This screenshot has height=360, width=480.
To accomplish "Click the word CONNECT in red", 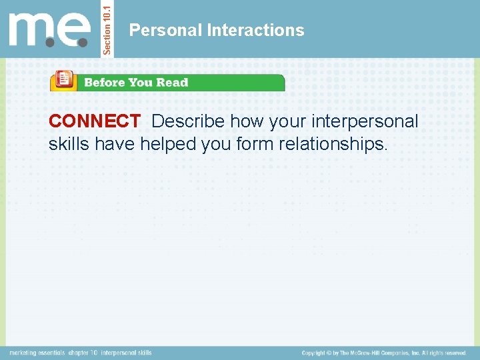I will [x=94, y=122].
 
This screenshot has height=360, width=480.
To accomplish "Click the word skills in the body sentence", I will [x=69, y=143].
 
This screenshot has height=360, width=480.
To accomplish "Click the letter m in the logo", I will [x=29, y=30].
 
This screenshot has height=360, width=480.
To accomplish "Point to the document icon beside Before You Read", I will [x=64, y=80].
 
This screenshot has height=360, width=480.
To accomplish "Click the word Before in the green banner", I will [x=104, y=83].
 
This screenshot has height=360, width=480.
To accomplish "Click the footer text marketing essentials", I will [x=37, y=353].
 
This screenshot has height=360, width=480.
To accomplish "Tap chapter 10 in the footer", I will [x=85, y=353].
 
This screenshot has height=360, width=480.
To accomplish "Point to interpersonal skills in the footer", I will [x=127, y=353].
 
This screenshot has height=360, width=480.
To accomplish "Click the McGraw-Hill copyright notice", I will [x=384, y=353].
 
